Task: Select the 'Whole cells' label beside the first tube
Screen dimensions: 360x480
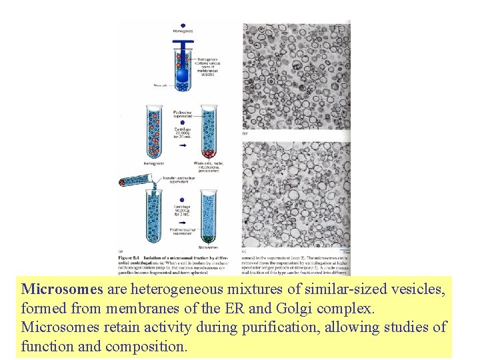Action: tap(160, 85)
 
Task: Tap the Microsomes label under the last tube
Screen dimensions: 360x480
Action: tap(209, 247)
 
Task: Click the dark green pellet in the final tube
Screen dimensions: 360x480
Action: tap(209, 238)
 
